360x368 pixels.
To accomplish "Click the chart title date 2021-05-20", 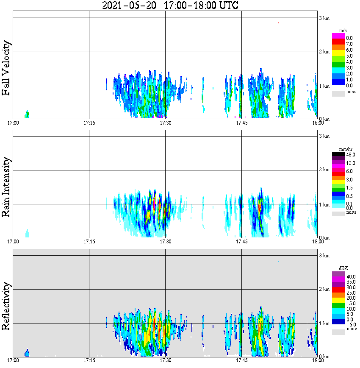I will tap(129, 6).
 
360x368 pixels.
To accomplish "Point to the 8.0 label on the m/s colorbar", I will tap(349, 38).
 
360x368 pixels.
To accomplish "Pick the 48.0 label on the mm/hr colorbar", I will tap(350, 155).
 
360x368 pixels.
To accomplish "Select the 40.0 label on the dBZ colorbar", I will tap(350, 276).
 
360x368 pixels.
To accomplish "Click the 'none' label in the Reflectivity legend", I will tap(352, 329).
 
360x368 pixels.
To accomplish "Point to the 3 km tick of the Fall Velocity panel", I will tap(324, 18).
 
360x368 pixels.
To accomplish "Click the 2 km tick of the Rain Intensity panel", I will tap(324, 170).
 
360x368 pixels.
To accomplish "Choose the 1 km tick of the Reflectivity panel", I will tap(324, 323).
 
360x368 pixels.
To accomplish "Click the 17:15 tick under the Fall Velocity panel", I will tap(89, 123).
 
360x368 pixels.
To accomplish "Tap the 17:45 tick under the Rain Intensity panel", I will tap(241, 242).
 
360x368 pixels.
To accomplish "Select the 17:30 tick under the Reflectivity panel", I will tap(165, 361).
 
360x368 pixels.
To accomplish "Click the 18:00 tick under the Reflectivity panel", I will tap(317, 361).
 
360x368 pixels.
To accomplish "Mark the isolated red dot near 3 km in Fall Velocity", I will tap(278, 23).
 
